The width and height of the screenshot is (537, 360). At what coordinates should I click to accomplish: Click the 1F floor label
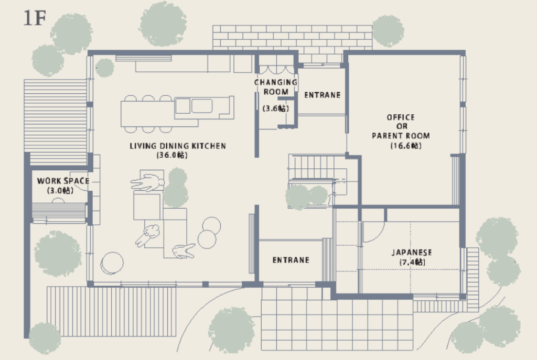[35, 18]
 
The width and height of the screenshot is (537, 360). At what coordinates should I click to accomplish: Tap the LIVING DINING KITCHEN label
[178, 146]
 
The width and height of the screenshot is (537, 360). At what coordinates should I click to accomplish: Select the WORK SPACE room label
[63, 181]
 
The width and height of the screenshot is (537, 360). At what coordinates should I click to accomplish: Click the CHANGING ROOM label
[276, 87]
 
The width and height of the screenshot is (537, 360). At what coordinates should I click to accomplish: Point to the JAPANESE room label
[412, 253]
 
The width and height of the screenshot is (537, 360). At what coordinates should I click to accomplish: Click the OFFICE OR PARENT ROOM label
[401, 127]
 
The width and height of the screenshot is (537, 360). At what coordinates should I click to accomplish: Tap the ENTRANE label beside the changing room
[323, 95]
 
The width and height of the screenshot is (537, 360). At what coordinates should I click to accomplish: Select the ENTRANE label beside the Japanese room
[291, 260]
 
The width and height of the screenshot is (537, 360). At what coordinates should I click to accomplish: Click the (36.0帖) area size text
[172, 155]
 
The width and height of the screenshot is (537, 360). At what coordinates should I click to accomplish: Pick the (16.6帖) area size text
[406, 146]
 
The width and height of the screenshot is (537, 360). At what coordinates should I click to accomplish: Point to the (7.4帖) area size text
[412, 262]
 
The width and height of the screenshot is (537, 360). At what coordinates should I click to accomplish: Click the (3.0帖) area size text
[60, 190]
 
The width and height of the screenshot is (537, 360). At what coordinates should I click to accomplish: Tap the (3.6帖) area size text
[276, 108]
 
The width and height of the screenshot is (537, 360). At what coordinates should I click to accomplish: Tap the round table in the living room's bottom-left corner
[112, 263]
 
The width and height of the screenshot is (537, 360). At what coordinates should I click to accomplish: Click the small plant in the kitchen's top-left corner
[104, 68]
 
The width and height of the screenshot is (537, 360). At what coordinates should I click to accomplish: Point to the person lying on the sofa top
[147, 183]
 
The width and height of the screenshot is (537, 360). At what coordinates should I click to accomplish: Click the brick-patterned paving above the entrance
[292, 38]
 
